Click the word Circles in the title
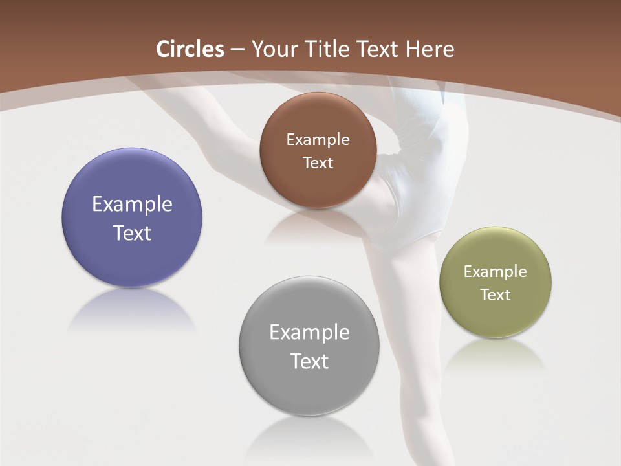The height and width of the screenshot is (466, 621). [x=190, y=49]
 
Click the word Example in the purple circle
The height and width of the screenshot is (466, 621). [x=132, y=205]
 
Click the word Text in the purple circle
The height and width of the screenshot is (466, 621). [x=132, y=233]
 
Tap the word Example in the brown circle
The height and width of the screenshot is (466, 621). [x=318, y=139]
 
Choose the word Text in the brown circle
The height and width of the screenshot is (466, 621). [x=318, y=162]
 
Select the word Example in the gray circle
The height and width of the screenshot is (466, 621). [x=309, y=332]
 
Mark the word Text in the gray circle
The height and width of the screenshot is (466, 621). [x=309, y=361]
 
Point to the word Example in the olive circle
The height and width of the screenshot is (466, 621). [x=496, y=271]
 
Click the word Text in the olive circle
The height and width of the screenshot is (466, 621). [x=496, y=294]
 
